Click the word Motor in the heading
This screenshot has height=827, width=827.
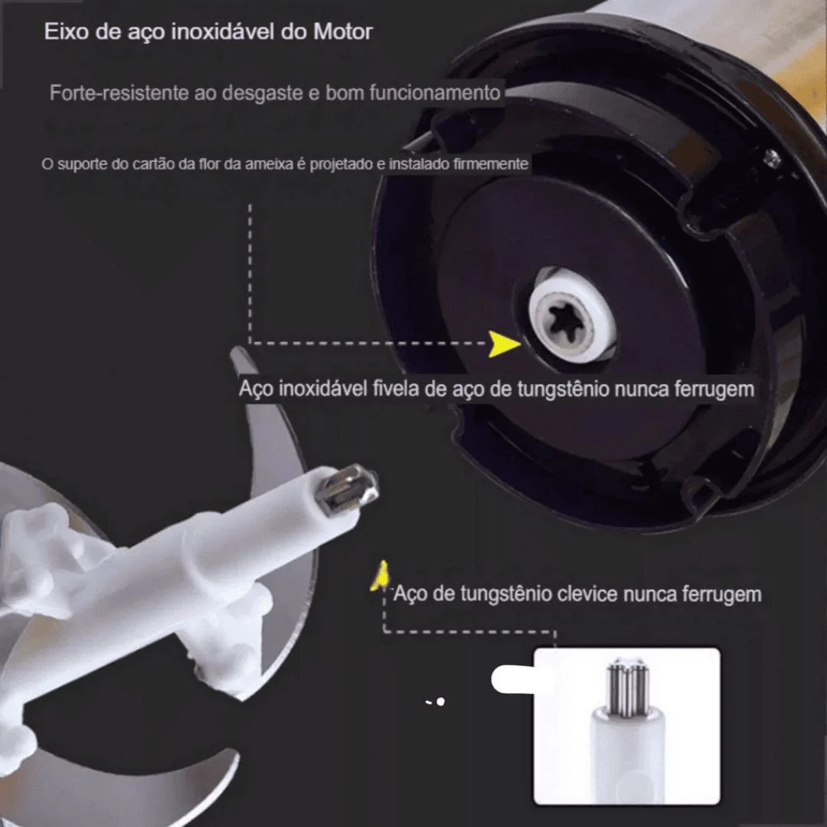(x=343, y=31)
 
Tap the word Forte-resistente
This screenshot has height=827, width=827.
(x=119, y=93)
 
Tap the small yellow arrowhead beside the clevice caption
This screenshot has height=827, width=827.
(x=381, y=575)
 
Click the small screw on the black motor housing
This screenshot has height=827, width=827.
(x=772, y=159)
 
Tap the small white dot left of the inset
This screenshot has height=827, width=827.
(x=440, y=701)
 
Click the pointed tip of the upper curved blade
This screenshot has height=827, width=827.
(x=233, y=351)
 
